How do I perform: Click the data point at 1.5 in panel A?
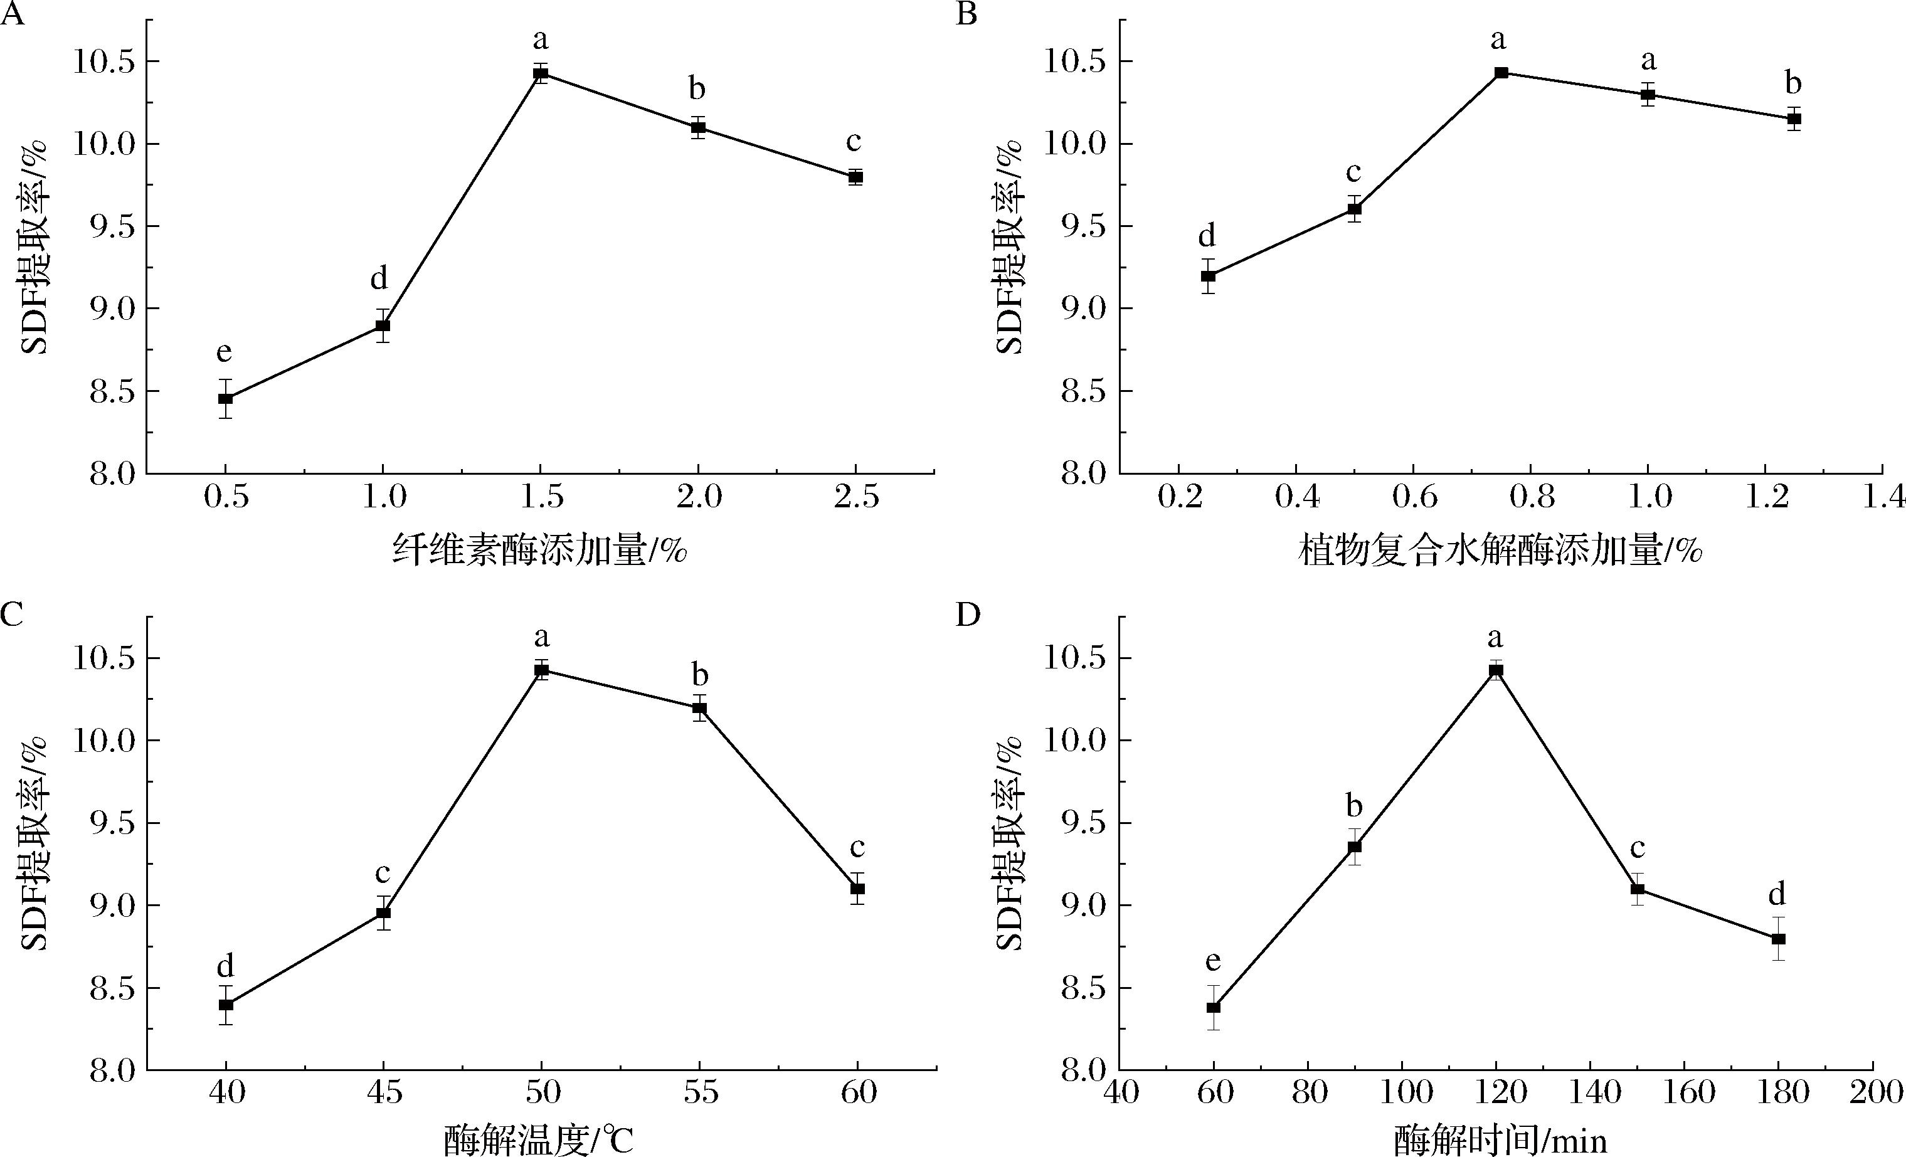tap(541, 74)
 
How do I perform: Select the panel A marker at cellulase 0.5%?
tap(225, 398)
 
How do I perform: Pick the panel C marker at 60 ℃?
tap(857, 889)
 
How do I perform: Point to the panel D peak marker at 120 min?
tap(1496, 670)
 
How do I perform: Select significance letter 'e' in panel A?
tap(223, 352)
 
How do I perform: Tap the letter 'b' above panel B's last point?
tap(1792, 83)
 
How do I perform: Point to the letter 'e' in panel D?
tap(1213, 961)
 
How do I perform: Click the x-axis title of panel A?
tap(539, 551)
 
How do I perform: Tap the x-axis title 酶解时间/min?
tap(1501, 1139)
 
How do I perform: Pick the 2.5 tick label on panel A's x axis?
tap(856, 497)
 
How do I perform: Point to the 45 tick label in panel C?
tap(384, 1093)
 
